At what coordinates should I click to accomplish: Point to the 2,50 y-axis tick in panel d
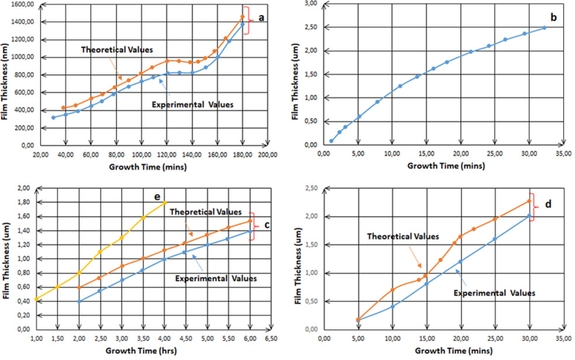click(x=310, y=189)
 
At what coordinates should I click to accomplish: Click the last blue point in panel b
click(x=544, y=28)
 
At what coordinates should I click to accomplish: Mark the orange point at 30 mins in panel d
click(x=529, y=202)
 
